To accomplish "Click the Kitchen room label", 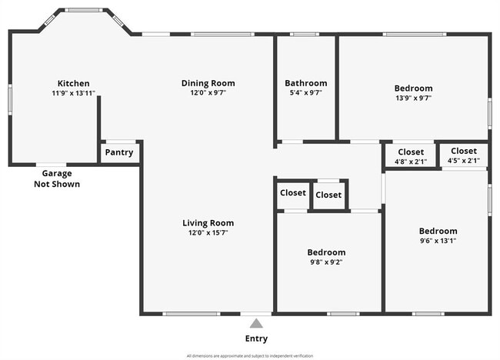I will point(74,83).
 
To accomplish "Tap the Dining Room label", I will point(208,83).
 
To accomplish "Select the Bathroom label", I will point(305,83).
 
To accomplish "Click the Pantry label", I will point(119,152).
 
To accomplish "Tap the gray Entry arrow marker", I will point(256,323).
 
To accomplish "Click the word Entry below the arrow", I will point(256,338).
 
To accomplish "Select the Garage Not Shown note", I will point(57,179).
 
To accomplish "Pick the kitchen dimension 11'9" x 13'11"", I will point(74,93).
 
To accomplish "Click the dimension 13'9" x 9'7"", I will point(413,98).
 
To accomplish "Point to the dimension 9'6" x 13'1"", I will point(438,240).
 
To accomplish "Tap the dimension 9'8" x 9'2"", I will point(326,262).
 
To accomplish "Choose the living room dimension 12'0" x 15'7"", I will point(208,232).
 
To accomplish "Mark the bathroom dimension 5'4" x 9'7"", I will point(305,93).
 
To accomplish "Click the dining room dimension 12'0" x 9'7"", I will point(208,93).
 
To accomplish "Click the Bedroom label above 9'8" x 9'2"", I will point(326,252).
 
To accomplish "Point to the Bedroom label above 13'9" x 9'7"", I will point(413,88).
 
